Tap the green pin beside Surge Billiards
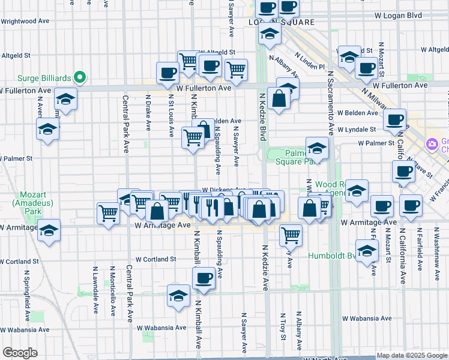(x=79, y=77)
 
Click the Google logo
(x=20, y=353)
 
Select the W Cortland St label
(x=155, y=259)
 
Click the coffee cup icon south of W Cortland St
(x=203, y=278)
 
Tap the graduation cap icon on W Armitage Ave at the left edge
(x=49, y=230)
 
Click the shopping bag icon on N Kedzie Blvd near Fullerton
(x=279, y=98)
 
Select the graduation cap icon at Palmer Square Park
(x=317, y=147)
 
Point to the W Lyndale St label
(x=356, y=129)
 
